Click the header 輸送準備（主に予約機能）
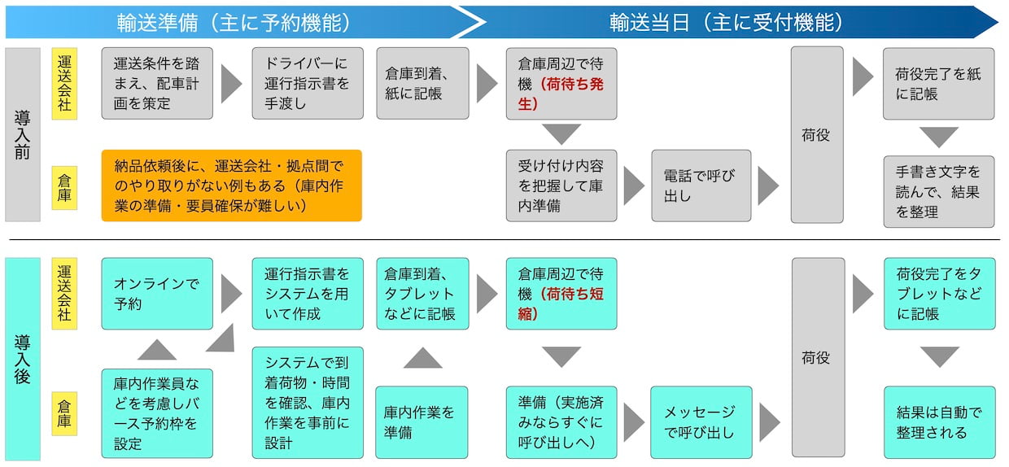tap(234, 22)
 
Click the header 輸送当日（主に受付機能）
tap(727, 22)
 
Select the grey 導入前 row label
tap(23, 134)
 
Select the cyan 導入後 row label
tap(23, 359)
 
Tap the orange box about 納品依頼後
tap(231, 185)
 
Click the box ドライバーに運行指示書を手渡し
tap(308, 83)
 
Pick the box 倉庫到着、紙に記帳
tap(422, 83)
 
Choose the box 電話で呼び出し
tap(701, 185)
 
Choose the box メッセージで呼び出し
tap(700, 421)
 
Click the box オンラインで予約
tap(157, 294)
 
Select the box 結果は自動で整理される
tap(939, 421)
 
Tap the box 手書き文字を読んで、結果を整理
tap(939, 192)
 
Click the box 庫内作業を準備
tap(422, 421)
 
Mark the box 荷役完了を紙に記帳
tap(939, 84)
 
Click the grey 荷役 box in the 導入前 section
tap(817, 134)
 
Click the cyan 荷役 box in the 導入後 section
tap(817, 358)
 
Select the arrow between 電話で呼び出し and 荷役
tap(768, 186)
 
